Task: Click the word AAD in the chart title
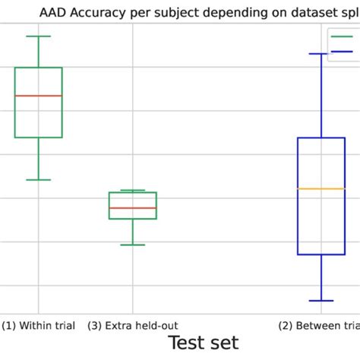(52, 11)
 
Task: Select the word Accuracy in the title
(98, 11)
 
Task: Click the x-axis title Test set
(203, 343)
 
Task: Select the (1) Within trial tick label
(38, 326)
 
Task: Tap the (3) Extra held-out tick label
(133, 326)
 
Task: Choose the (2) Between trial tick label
(319, 326)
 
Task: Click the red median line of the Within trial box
(38, 96)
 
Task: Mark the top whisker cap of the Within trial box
(38, 36)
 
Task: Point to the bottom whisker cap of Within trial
(38, 180)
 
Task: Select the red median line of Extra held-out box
(133, 207)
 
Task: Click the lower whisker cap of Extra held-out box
(133, 245)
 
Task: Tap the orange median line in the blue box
(321, 188)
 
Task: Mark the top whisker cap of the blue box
(321, 54)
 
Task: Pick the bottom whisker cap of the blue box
(321, 302)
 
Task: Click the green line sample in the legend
(343, 36)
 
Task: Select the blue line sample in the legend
(343, 52)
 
